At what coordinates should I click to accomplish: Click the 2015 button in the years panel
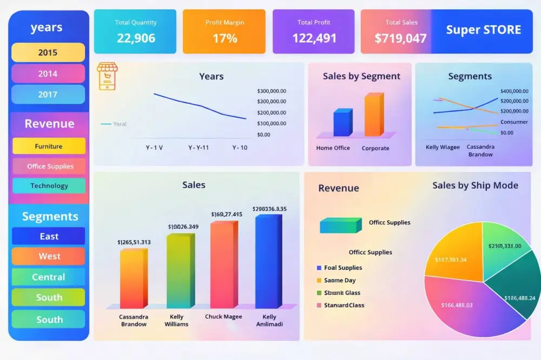[x=48, y=52]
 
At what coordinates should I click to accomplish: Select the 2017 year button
[x=48, y=95]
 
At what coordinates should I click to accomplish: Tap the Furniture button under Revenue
[x=49, y=146]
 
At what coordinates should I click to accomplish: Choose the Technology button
[x=49, y=186]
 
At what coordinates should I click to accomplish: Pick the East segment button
[x=49, y=236]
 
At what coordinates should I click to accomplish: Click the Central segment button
[x=49, y=277]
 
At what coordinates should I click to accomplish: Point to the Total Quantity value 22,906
[x=136, y=38]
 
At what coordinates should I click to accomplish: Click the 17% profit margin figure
[x=225, y=38]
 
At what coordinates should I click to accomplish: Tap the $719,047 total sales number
[x=400, y=38]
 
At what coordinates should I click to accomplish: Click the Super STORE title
[x=483, y=30]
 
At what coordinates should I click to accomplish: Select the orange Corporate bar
[x=374, y=115]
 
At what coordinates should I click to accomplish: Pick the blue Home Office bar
[x=342, y=123]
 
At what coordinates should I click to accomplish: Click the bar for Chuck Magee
[x=223, y=265]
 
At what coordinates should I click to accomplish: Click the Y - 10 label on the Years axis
[x=240, y=148]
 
